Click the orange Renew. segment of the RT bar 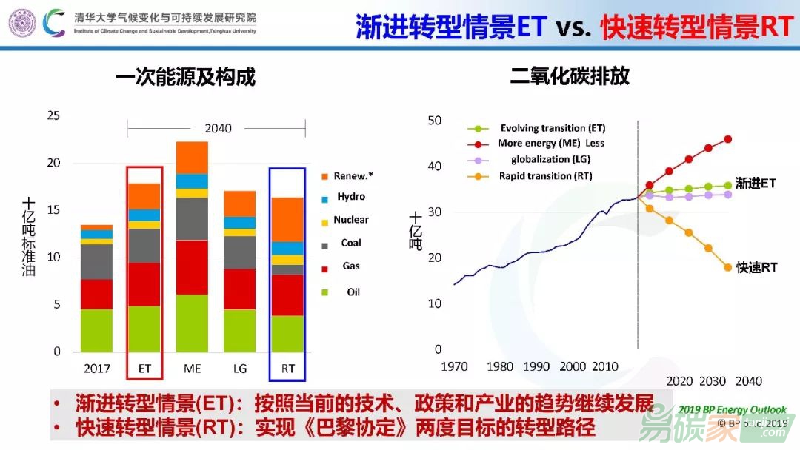[287, 219]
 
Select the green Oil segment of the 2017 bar [96, 330]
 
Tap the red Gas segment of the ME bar [192, 267]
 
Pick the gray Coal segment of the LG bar [239, 252]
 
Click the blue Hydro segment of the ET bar [144, 215]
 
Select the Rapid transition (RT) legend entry [545, 176]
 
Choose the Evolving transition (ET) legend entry [552, 128]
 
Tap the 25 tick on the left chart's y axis [53, 115]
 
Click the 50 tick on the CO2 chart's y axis [434, 121]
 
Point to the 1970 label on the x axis [455, 367]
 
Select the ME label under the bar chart [192, 368]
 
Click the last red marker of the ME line [727, 139]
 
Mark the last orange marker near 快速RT [727, 267]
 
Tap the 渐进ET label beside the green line [756, 184]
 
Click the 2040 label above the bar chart [218, 128]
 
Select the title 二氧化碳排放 [570, 76]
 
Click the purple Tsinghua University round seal [22, 23]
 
